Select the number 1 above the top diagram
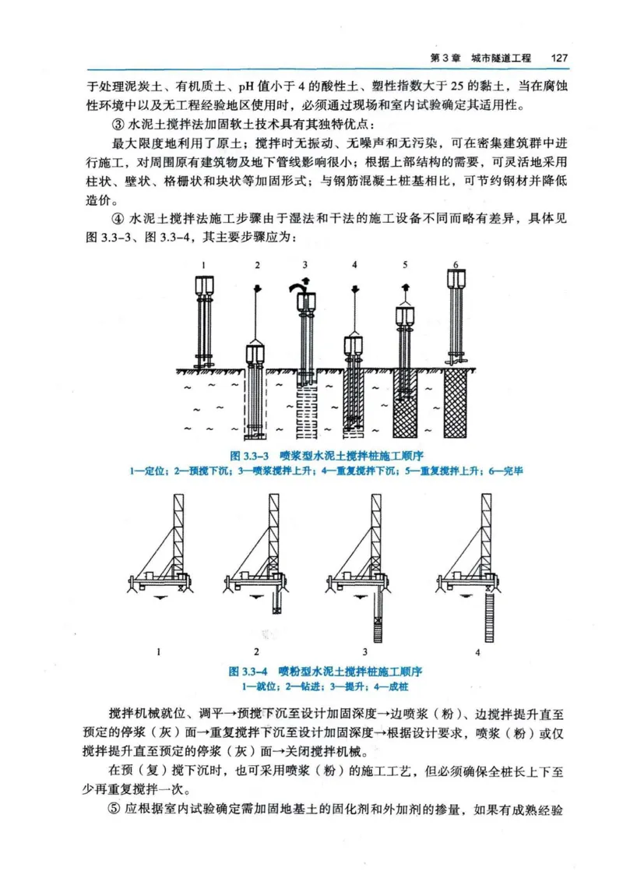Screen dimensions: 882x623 203,266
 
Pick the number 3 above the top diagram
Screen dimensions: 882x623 305,266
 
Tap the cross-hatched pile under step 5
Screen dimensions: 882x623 405,403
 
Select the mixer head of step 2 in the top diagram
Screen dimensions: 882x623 256,354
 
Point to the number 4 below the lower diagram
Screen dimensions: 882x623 477,651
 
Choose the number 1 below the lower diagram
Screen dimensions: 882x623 159,651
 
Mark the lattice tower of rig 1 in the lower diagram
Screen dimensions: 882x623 180,530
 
